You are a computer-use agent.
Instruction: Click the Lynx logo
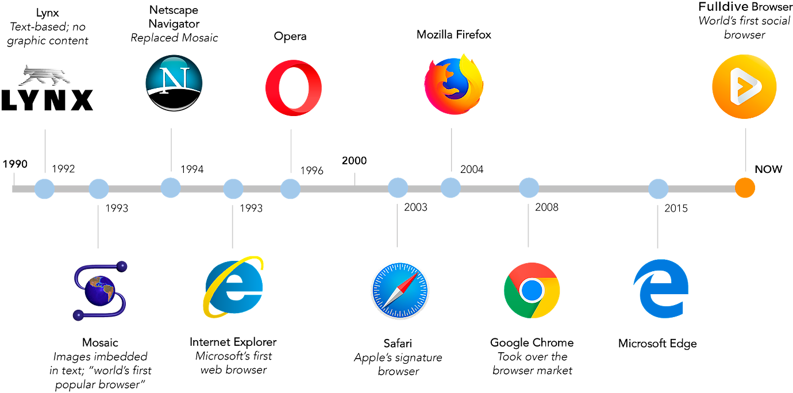point(46,89)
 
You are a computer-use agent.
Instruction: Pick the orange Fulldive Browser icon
point(744,87)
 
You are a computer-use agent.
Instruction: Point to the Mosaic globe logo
point(100,290)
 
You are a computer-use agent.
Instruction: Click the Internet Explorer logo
point(233,286)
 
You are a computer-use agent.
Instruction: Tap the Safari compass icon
point(399,290)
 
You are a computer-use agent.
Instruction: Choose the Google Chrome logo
point(532,290)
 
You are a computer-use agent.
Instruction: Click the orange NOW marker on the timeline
point(745,187)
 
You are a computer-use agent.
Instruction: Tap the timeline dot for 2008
point(529,188)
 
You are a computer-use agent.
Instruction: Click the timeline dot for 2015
point(659,188)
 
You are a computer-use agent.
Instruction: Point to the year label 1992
point(63,169)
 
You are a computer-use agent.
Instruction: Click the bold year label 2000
point(354,161)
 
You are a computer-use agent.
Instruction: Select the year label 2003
point(415,207)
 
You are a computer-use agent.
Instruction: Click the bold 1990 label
point(15,164)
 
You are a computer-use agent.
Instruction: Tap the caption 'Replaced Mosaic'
point(174,38)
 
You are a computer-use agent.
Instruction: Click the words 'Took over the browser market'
point(532,364)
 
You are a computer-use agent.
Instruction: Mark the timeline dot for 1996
point(290,188)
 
